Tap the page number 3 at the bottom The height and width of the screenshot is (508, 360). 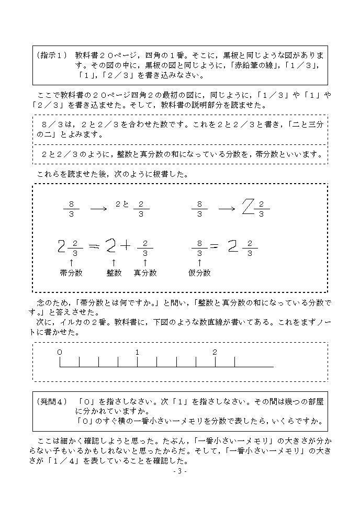click(179, 471)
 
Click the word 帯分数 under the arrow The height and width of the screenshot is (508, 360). click(71, 273)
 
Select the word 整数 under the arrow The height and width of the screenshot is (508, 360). click(114, 273)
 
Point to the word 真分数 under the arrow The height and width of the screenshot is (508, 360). click(145, 273)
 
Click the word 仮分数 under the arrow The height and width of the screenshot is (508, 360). click(199, 273)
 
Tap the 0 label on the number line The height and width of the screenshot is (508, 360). click(60, 352)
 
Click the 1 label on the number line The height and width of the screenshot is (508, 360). click(137, 352)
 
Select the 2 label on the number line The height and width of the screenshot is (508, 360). click(215, 352)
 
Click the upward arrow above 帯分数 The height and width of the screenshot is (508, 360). click(71, 262)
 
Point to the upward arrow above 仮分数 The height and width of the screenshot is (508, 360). click(199, 262)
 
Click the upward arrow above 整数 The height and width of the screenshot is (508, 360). click(114, 262)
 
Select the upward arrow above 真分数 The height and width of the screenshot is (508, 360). click(145, 262)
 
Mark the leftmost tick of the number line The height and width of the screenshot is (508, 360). click(60, 362)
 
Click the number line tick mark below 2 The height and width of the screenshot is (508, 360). click(215, 362)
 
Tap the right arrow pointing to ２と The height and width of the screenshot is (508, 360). click(98, 208)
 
